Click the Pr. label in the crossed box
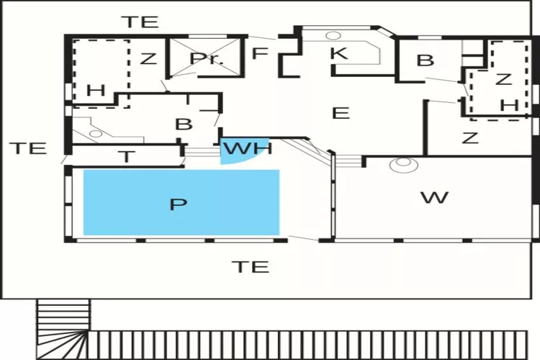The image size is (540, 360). pyautogui.click(x=207, y=58)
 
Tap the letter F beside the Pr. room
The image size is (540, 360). pyautogui.click(x=260, y=54)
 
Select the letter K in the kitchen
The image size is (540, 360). pyautogui.click(x=339, y=53)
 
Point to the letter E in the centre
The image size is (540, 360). pyautogui.click(x=341, y=113)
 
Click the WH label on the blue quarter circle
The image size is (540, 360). pyautogui.click(x=248, y=148)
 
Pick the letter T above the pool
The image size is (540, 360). pyautogui.click(x=127, y=157)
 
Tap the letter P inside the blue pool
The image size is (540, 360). pyautogui.click(x=179, y=204)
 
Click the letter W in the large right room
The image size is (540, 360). pyautogui.click(x=435, y=198)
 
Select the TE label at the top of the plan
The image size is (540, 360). pyautogui.click(x=141, y=22)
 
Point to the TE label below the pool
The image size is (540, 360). pyautogui.click(x=251, y=267)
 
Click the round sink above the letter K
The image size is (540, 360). pyautogui.click(x=333, y=35)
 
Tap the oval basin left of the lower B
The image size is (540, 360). pyautogui.click(x=96, y=133)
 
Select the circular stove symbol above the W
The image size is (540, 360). pyautogui.click(x=404, y=165)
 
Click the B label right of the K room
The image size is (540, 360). pyautogui.click(x=426, y=60)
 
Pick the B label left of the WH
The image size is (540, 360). pyautogui.click(x=184, y=125)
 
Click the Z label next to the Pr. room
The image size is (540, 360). pyautogui.click(x=148, y=58)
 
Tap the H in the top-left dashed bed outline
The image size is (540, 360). pyautogui.click(x=96, y=91)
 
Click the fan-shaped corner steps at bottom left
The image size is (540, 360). pyautogui.click(x=63, y=345)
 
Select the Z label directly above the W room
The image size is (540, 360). pyautogui.click(x=470, y=138)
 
